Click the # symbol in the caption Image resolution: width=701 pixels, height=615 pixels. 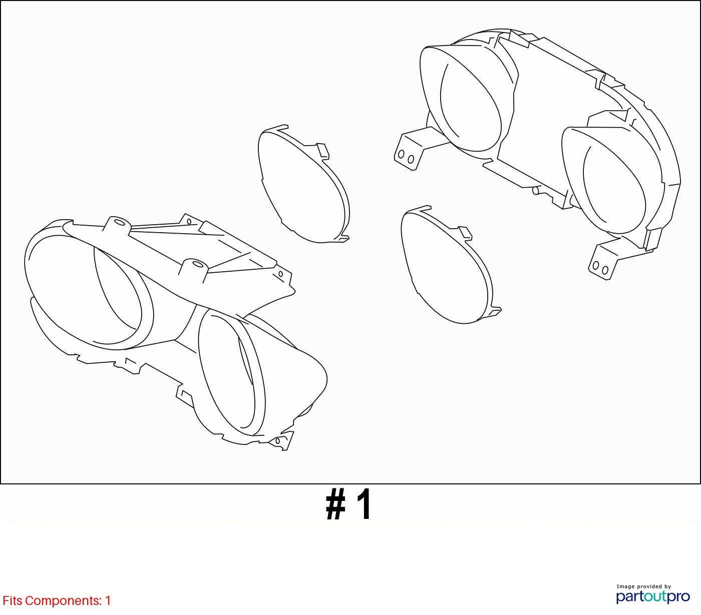click(335, 504)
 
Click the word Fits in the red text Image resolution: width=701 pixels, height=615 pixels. click(13, 601)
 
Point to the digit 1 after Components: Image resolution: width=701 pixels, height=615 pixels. click(108, 601)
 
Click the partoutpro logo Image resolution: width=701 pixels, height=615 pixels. click(652, 597)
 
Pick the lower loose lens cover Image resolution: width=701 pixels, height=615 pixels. click(450, 266)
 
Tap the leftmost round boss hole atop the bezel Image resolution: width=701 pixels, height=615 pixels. click(119, 222)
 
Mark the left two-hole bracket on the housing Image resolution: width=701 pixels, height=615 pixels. click(408, 151)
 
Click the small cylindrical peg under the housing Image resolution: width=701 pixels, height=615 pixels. click(536, 190)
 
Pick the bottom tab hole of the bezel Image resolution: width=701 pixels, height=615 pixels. click(277, 441)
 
